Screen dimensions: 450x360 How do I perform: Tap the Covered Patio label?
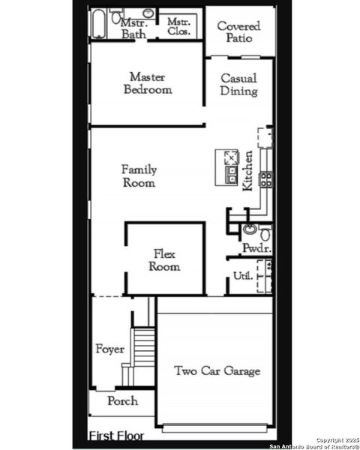238,31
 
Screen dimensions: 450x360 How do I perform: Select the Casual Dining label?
239,84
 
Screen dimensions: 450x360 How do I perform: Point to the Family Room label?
139,176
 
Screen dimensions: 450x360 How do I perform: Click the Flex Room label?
164,260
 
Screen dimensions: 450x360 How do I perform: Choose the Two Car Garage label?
217,370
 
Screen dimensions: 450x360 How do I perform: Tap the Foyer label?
109,349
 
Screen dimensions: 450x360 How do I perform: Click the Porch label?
122,401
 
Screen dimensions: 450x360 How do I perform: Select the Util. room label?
241,276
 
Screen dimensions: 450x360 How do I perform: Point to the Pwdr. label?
255,248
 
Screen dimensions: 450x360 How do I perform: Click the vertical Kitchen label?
247,171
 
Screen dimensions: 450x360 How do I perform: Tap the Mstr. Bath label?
134,28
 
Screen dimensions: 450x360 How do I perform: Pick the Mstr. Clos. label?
180,27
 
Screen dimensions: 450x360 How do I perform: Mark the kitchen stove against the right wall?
265,179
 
